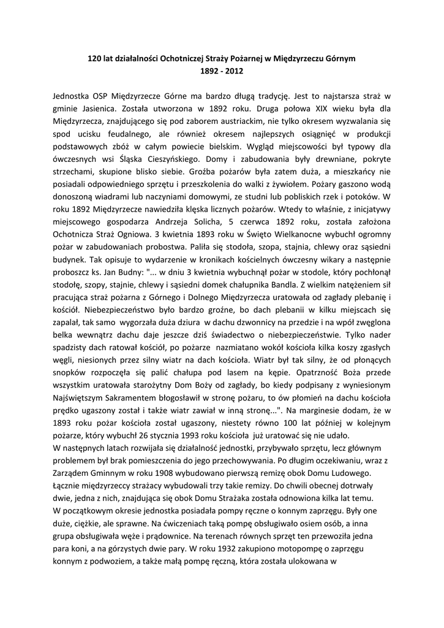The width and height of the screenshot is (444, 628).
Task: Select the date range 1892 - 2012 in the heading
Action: pos(222,72)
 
